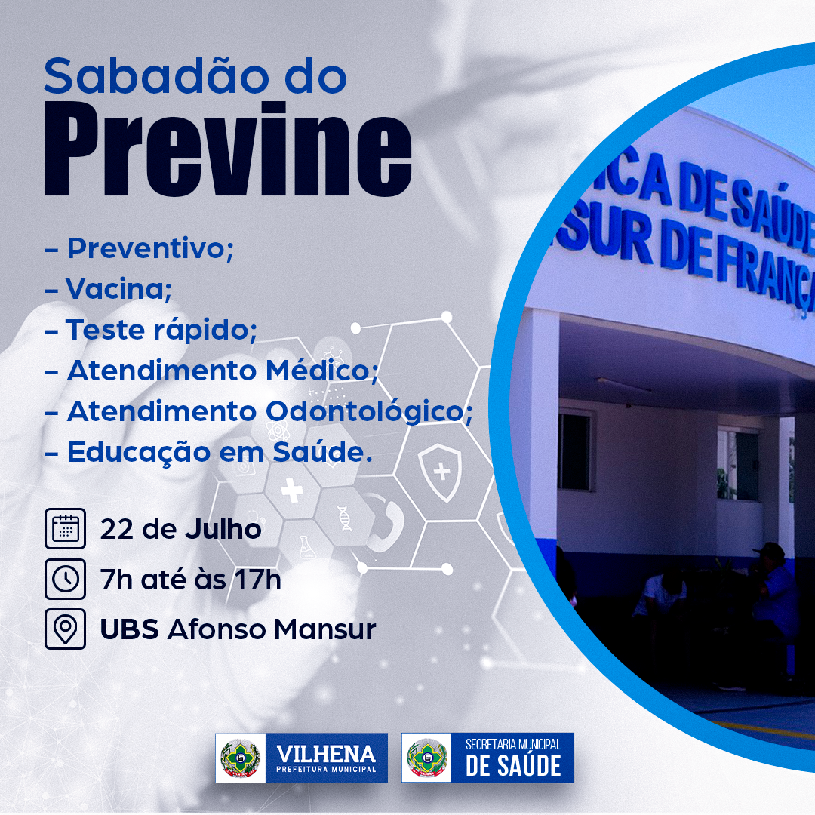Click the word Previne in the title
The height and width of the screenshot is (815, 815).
coord(228,149)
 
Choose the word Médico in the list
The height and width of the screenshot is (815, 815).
coord(321,371)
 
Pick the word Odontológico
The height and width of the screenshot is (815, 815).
coord(369,412)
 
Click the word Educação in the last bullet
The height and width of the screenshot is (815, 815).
coord(139,453)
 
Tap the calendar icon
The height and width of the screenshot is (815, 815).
coord(65,528)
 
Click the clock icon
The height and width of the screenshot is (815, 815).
coord(65,579)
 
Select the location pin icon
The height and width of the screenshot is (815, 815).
coord(65,629)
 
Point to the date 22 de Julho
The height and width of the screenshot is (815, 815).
coord(180,530)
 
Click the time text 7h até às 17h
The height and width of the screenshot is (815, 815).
coord(190,580)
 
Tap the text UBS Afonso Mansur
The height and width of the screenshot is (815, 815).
coord(238,629)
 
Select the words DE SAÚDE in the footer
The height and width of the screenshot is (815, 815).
coord(513,766)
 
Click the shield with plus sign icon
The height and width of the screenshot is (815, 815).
coord(440,472)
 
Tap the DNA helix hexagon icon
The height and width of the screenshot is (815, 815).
coord(344,518)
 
